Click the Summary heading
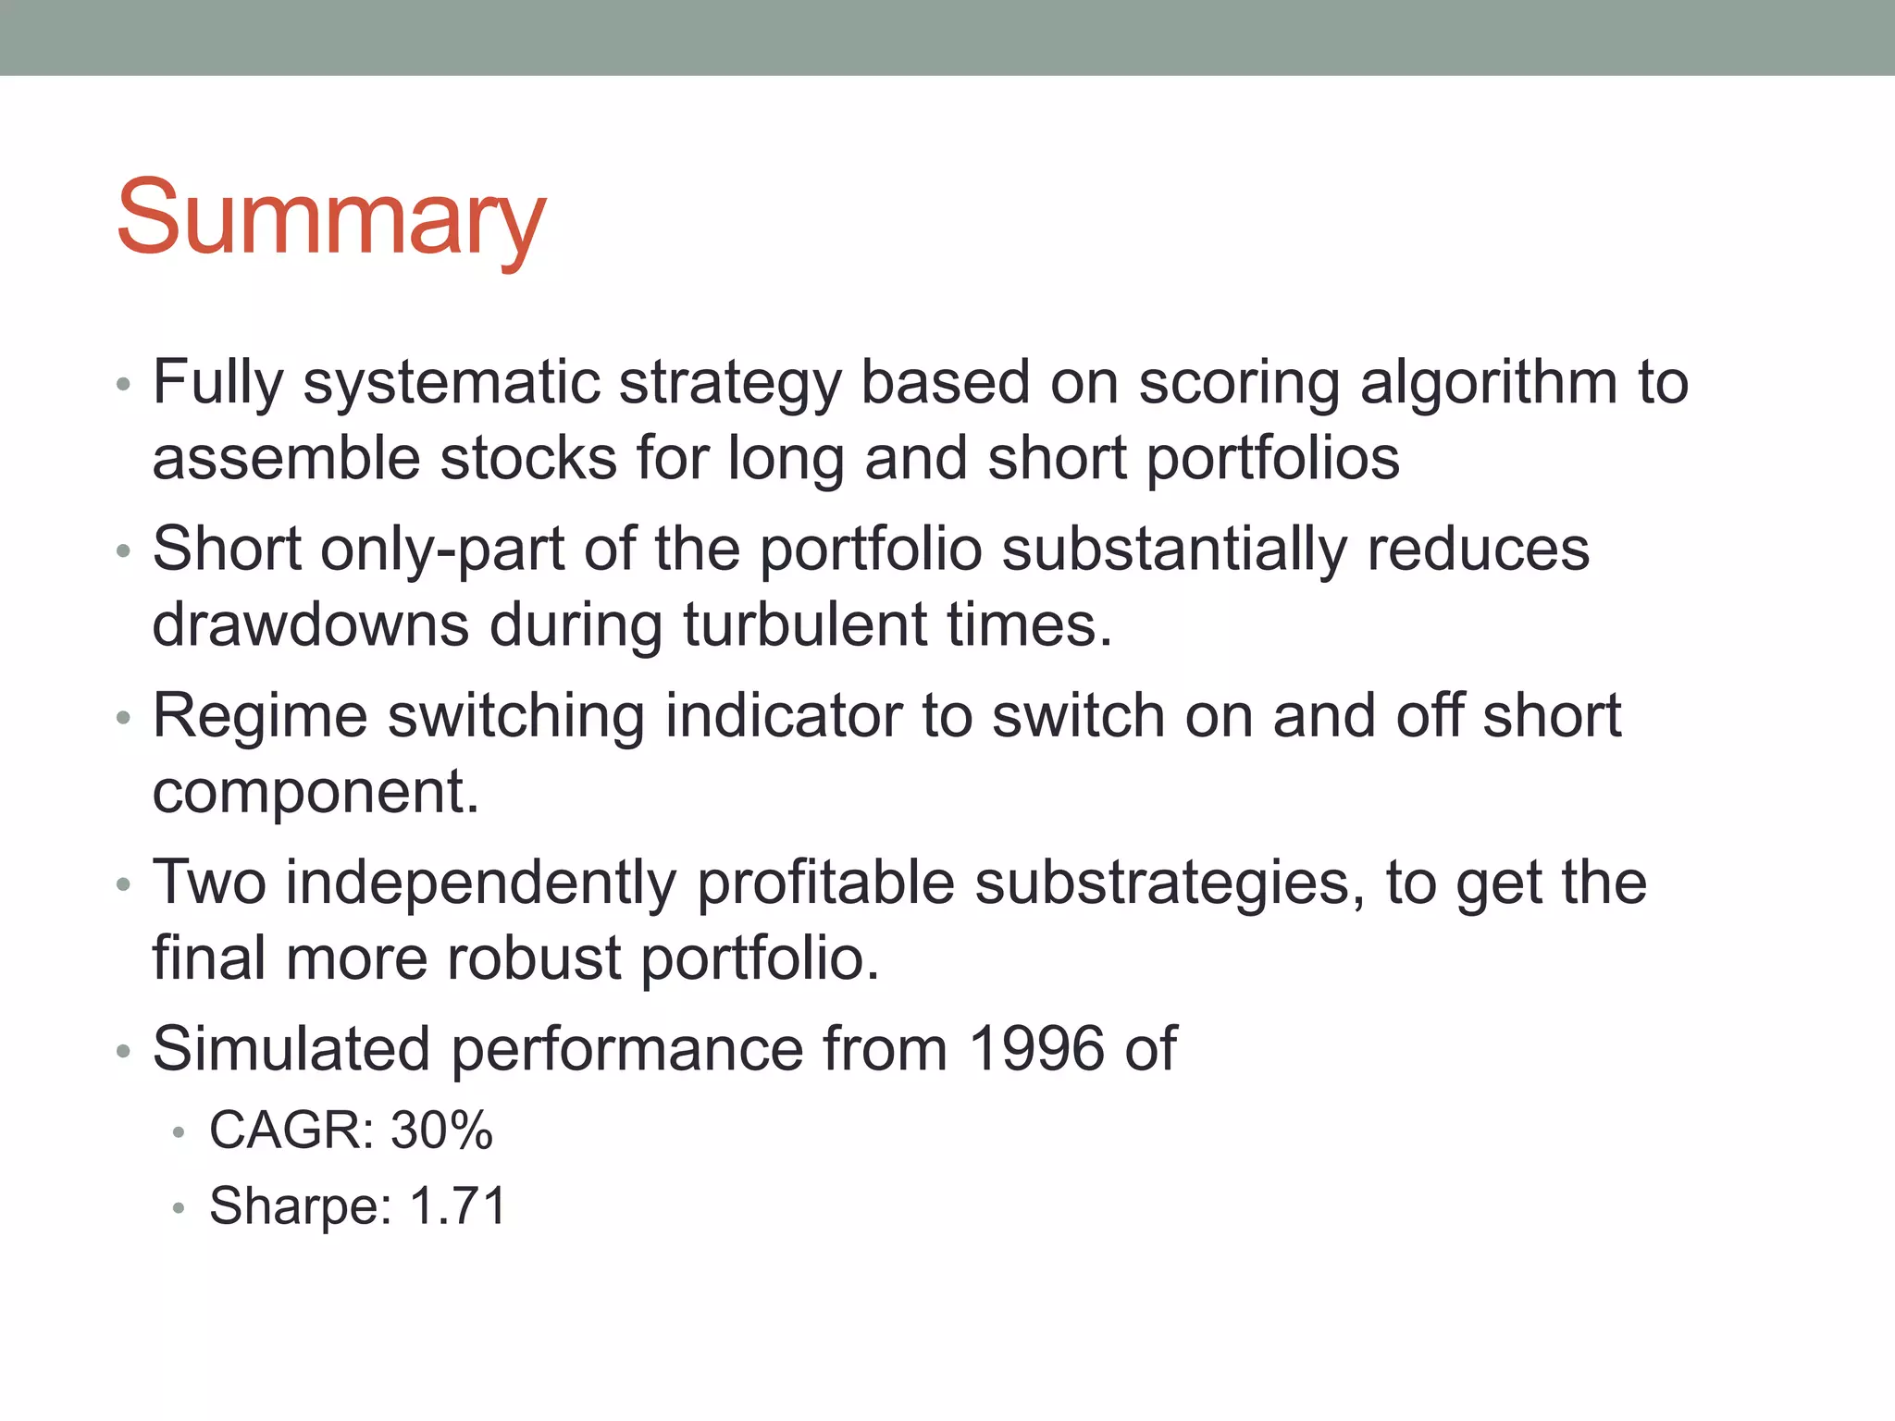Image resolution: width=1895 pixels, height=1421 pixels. coord(330,218)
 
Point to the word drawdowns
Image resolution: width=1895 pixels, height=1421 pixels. coord(310,624)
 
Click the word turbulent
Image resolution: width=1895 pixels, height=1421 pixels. coord(804,624)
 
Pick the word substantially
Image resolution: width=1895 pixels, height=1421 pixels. coord(1173,549)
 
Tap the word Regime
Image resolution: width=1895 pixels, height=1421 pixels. coord(259,717)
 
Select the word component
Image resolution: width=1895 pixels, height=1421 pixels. coord(315,793)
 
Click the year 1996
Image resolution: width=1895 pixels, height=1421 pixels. coord(1036,1049)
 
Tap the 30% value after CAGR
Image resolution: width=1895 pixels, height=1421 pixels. coord(441,1130)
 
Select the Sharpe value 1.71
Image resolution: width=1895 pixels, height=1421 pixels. coord(458,1205)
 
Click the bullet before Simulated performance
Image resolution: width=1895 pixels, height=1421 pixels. coord(124,1052)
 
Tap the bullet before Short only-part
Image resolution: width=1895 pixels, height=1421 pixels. coord(124,551)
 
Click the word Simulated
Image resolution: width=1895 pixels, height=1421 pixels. coord(291,1049)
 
